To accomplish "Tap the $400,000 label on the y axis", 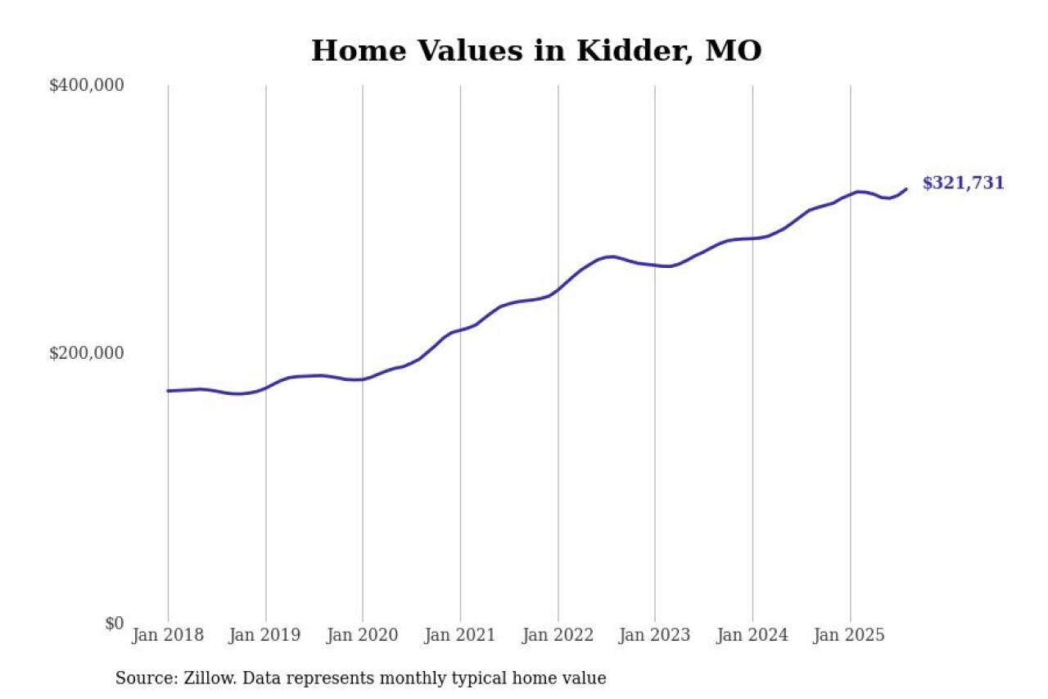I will point(86,85).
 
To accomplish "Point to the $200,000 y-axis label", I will point(86,353).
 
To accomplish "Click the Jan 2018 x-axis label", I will point(168,635).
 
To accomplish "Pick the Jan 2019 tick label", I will point(265,635).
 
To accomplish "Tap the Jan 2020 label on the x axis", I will point(363,635).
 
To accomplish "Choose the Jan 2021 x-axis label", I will point(460,635).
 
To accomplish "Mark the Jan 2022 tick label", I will point(558,635).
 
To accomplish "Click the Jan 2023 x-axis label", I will point(655,635).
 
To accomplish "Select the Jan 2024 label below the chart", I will point(752,635).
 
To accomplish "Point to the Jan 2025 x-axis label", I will point(850,635).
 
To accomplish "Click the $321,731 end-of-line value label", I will point(963,184).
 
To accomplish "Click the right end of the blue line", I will point(906,189).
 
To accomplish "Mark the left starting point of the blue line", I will point(168,391).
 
